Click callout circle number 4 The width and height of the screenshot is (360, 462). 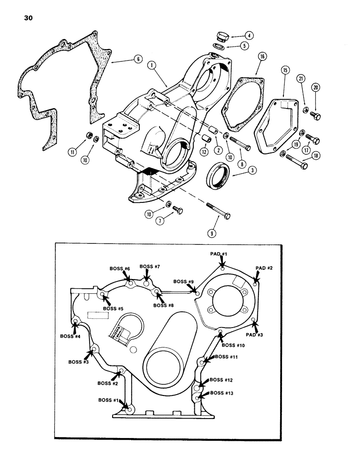(248, 35)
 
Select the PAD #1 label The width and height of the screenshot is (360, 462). (219, 254)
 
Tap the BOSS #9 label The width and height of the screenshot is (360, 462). (184, 281)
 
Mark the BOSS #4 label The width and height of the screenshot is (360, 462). (71, 336)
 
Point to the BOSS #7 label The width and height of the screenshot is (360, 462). (150, 266)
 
